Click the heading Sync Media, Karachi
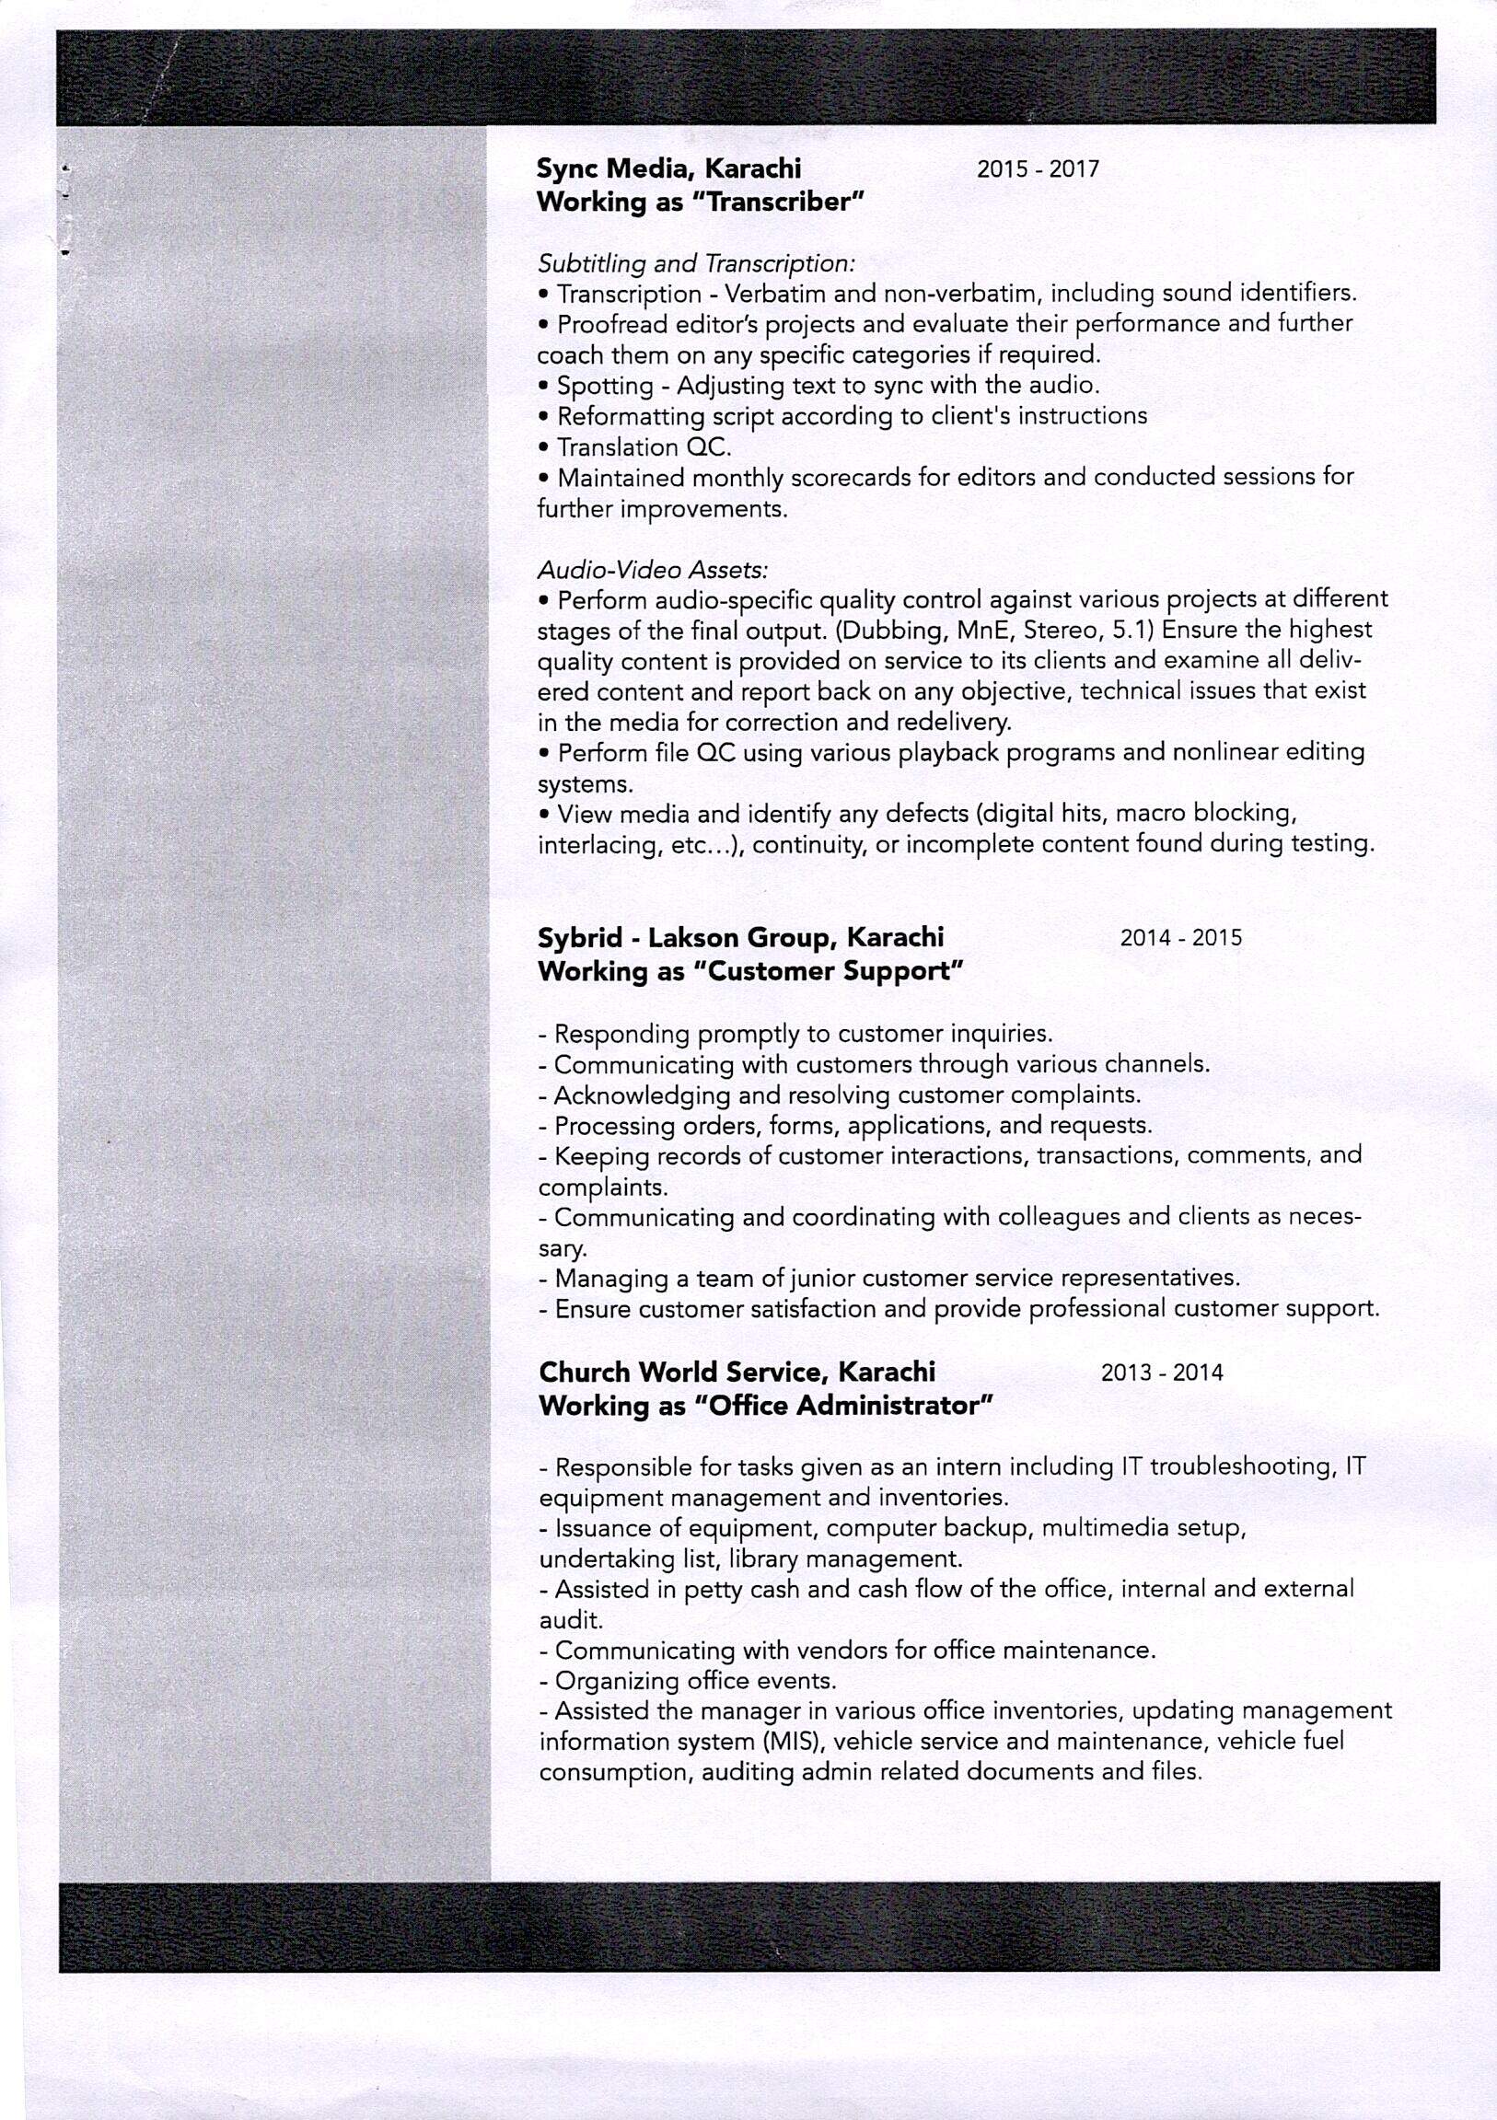pyautogui.click(x=668, y=168)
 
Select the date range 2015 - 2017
pyautogui.click(x=1037, y=169)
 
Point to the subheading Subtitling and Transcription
pyautogui.click(x=696, y=264)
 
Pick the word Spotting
pyautogui.click(x=605, y=385)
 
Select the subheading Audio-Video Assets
pyautogui.click(x=653, y=570)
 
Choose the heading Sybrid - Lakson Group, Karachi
pyautogui.click(x=740, y=937)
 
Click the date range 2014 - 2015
pyautogui.click(x=1180, y=938)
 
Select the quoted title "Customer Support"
pyautogui.click(x=829, y=971)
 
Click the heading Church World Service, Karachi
pyautogui.click(x=737, y=1373)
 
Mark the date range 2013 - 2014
pyautogui.click(x=1161, y=1373)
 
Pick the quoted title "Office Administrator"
pyautogui.click(x=843, y=1407)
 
